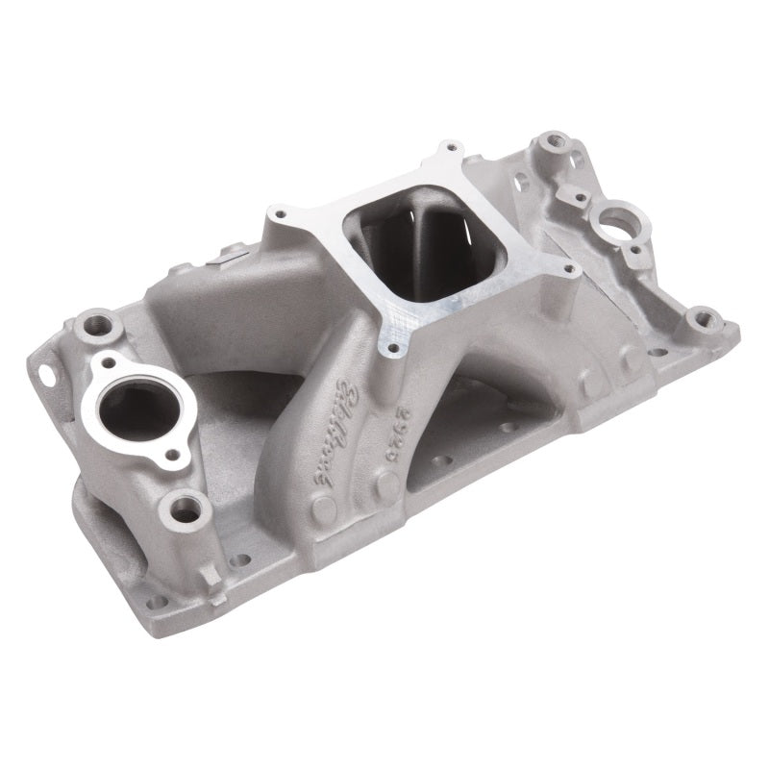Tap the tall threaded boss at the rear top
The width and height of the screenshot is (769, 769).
click(x=555, y=143)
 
